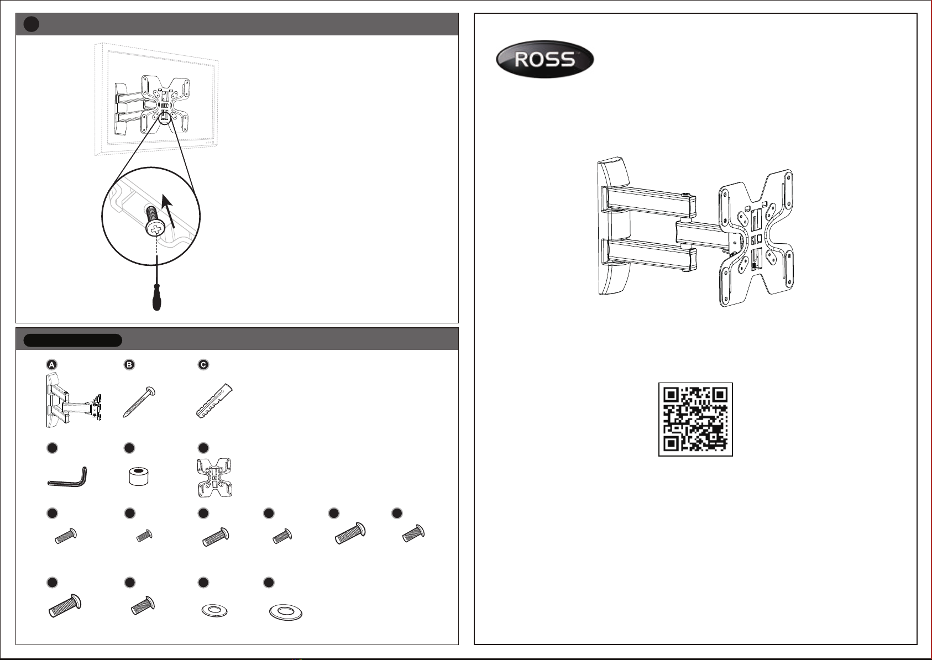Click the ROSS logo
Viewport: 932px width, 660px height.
pos(544,59)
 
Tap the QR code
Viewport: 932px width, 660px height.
pos(695,419)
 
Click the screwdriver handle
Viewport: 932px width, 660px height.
pos(156,297)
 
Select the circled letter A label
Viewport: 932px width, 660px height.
pos(51,364)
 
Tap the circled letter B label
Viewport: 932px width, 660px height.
pos(129,364)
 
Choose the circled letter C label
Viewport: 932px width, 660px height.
pos(203,364)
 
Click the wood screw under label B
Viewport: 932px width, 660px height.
pos(139,402)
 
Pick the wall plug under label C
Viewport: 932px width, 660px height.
pos(214,400)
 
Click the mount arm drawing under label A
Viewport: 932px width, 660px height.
pos(73,400)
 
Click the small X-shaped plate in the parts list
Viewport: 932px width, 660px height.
pos(214,478)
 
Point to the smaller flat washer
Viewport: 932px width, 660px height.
pos(214,611)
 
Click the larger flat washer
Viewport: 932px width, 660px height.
pos(286,612)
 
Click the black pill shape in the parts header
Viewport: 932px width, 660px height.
pos(73,341)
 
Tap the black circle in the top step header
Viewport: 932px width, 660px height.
pos(31,24)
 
